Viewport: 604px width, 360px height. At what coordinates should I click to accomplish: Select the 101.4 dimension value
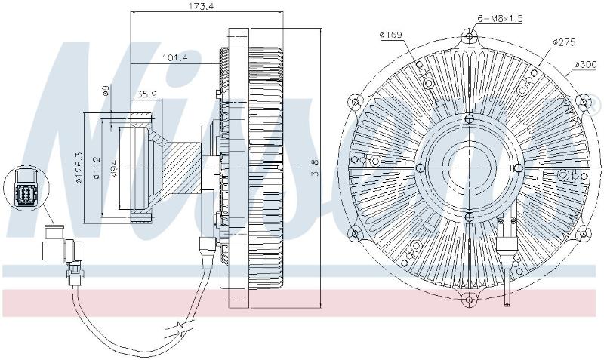coord(174,58)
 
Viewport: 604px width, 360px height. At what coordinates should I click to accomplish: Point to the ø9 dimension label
coord(105,91)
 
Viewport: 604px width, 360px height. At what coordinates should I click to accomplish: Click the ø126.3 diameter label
coord(80,167)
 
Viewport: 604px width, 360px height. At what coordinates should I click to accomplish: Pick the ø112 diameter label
coord(97,168)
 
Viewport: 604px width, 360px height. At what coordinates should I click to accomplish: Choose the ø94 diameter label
coord(114,168)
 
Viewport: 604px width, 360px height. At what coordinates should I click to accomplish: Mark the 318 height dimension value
coord(315,167)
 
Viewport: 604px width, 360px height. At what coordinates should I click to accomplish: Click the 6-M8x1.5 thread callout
coord(500,18)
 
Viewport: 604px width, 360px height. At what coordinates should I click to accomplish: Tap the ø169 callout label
coord(390,35)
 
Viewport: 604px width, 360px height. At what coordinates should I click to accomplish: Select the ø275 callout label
coord(564,42)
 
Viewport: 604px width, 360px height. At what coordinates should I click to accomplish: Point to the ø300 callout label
coord(584,64)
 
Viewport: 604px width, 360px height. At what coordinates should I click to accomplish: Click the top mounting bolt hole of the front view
coord(469,37)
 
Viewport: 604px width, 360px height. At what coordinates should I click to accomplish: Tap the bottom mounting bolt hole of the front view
coord(468,299)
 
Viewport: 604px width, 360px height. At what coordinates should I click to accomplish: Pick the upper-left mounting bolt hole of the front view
coord(355,103)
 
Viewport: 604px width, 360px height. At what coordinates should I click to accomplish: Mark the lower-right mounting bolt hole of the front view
coord(584,233)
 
